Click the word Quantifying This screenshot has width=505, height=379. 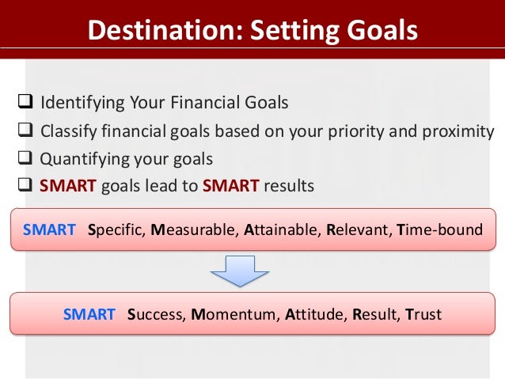pos(85,158)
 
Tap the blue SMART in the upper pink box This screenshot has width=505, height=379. pos(49,230)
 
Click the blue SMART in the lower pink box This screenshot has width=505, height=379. pos(89,314)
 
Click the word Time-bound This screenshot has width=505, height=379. pos(440,230)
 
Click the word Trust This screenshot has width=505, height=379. pos(423,314)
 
